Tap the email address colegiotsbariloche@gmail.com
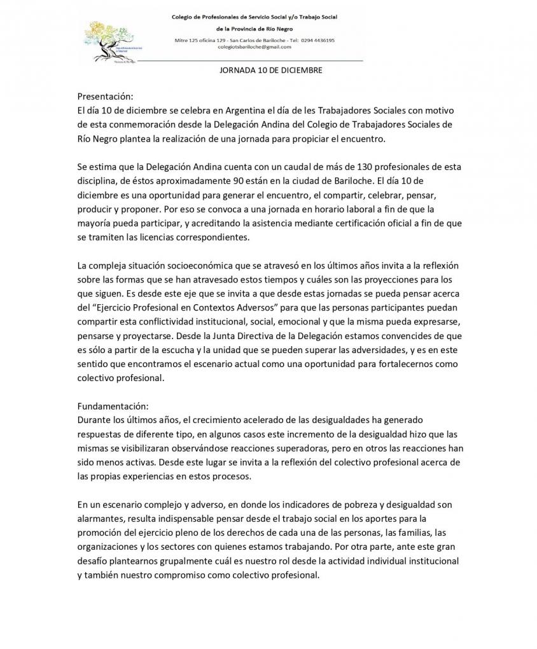[255, 47]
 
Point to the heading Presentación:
[106, 97]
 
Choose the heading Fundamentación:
[113, 405]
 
